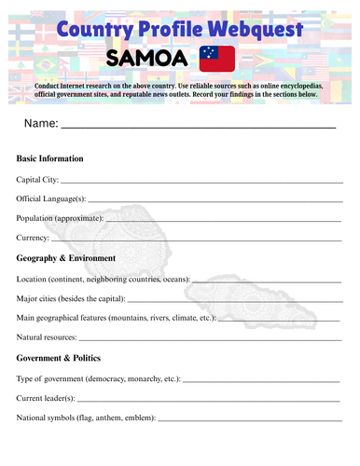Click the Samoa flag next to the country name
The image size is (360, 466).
click(217, 59)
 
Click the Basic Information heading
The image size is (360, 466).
click(49, 158)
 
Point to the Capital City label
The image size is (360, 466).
click(37, 179)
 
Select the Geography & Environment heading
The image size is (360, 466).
click(66, 258)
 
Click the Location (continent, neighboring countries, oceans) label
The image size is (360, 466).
click(103, 279)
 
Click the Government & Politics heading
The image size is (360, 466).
click(59, 358)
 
